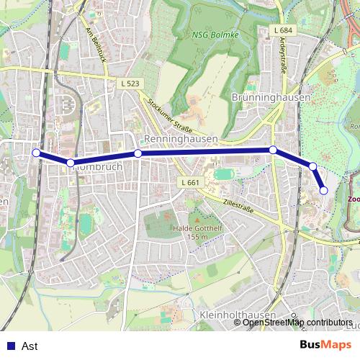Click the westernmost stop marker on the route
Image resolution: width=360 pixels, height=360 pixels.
36,153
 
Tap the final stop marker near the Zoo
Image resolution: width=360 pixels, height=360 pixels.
324,190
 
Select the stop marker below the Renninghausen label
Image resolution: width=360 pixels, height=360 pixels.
138,153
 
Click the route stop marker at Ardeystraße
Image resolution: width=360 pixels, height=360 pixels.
273,150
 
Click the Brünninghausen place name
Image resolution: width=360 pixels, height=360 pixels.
271,96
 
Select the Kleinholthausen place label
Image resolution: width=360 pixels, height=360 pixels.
235,315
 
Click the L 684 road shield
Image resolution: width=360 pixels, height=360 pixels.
284,30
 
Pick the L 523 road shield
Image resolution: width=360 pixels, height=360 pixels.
130,84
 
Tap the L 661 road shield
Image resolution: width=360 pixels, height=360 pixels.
190,182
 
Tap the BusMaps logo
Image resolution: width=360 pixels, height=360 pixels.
326,345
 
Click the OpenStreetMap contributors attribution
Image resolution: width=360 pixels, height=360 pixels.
297,322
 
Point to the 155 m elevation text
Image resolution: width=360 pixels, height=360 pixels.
197,237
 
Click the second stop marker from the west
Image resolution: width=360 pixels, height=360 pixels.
70,163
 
